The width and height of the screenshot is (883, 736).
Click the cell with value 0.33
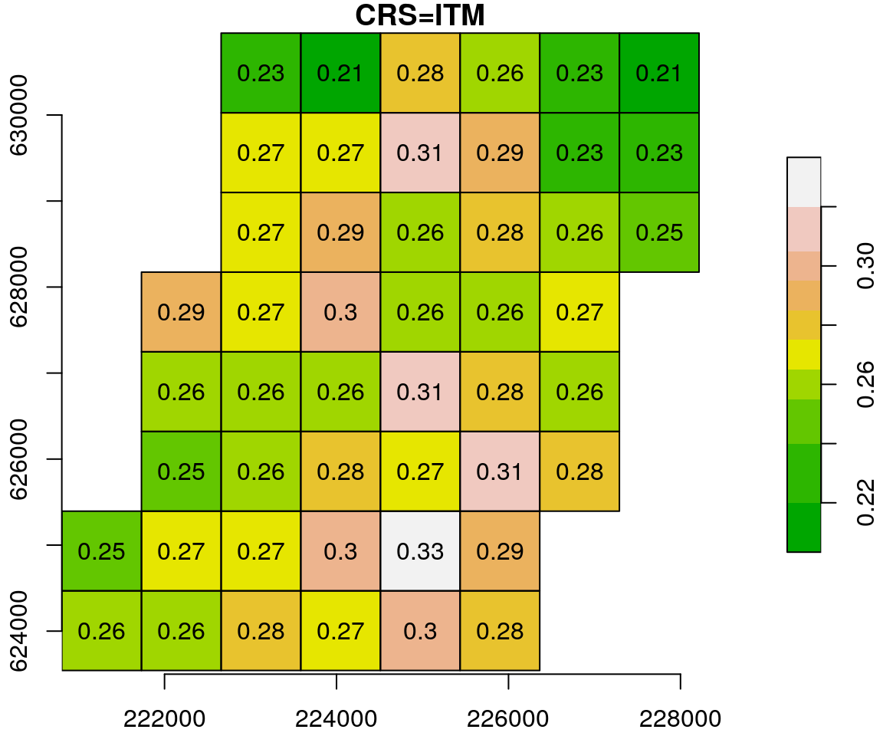tap(420, 551)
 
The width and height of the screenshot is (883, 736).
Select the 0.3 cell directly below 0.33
tap(420, 631)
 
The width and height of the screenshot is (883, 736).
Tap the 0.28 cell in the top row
tap(420, 73)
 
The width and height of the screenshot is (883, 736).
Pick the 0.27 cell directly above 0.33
tap(420, 472)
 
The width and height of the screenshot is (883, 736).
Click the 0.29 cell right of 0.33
tap(500, 551)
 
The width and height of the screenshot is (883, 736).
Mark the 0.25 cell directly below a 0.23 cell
tap(659, 232)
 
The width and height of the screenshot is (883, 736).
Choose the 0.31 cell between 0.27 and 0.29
tap(420, 153)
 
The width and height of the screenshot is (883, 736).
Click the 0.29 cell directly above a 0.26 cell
tap(181, 312)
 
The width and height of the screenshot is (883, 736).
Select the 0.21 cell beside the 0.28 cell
tap(340, 73)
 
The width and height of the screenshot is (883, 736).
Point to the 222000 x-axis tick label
tap(164, 718)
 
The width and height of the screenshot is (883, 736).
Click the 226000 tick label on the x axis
tap(509, 718)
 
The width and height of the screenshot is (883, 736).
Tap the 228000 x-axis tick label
tap(681, 718)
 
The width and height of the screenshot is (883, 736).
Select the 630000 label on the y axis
tap(17, 115)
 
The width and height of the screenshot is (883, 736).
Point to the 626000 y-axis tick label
tap(17, 458)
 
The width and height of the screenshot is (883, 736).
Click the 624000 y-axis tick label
tap(17, 630)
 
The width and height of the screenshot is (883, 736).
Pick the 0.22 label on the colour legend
tap(865, 503)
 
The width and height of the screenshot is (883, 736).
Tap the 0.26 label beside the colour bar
tap(865, 384)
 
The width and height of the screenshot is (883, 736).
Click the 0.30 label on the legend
tap(865, 266)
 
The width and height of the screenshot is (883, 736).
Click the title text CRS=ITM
tap(420, 15)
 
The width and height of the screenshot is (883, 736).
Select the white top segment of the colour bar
tap(803, 182)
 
